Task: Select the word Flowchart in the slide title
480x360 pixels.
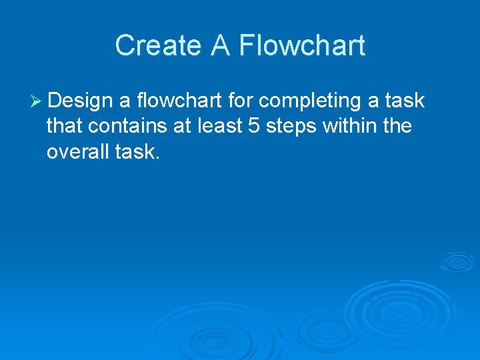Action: click(x=302, y=46)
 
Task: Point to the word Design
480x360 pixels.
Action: click(x=80, y=101)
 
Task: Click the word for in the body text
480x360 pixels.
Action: click(x=237, y=101)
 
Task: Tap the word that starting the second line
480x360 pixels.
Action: click(x=63, y=127)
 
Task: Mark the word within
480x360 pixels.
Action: click(x=350, y=127)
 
